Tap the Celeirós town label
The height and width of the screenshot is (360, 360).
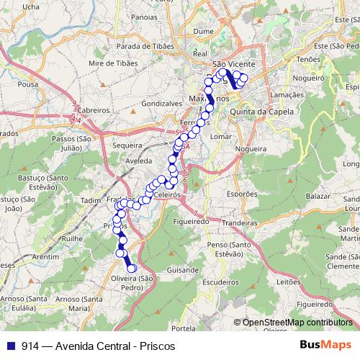[x=166, y=194]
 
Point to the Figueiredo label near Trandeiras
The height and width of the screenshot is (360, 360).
[x=190, y=222]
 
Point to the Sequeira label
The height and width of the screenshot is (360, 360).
[x=128, y=144]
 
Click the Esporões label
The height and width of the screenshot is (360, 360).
[x=241, y=194]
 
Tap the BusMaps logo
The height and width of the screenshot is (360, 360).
[x=325, y=345]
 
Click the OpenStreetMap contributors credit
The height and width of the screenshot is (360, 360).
[x=297, y=323]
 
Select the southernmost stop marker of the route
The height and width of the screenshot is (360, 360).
[x=132, y=269]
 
